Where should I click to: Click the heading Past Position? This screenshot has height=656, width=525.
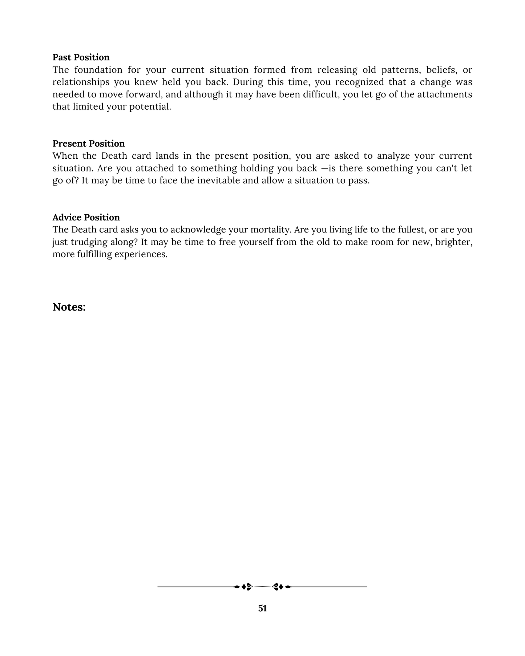pos(81,57)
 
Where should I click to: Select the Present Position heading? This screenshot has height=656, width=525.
pos(88,143)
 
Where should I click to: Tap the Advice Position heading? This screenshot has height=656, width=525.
pos(86,217)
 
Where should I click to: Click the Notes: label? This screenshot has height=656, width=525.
pos(69,307)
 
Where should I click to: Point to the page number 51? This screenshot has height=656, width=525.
pos(262,608)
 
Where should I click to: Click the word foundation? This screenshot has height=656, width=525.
pos(98,70)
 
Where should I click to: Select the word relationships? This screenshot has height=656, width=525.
pos(81,82)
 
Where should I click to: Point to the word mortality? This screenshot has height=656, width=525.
pos(271,230)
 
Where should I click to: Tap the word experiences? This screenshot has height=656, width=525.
pos(141,254)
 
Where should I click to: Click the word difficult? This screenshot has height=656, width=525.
pos(320,94)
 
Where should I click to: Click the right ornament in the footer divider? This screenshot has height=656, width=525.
pos(278,587)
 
